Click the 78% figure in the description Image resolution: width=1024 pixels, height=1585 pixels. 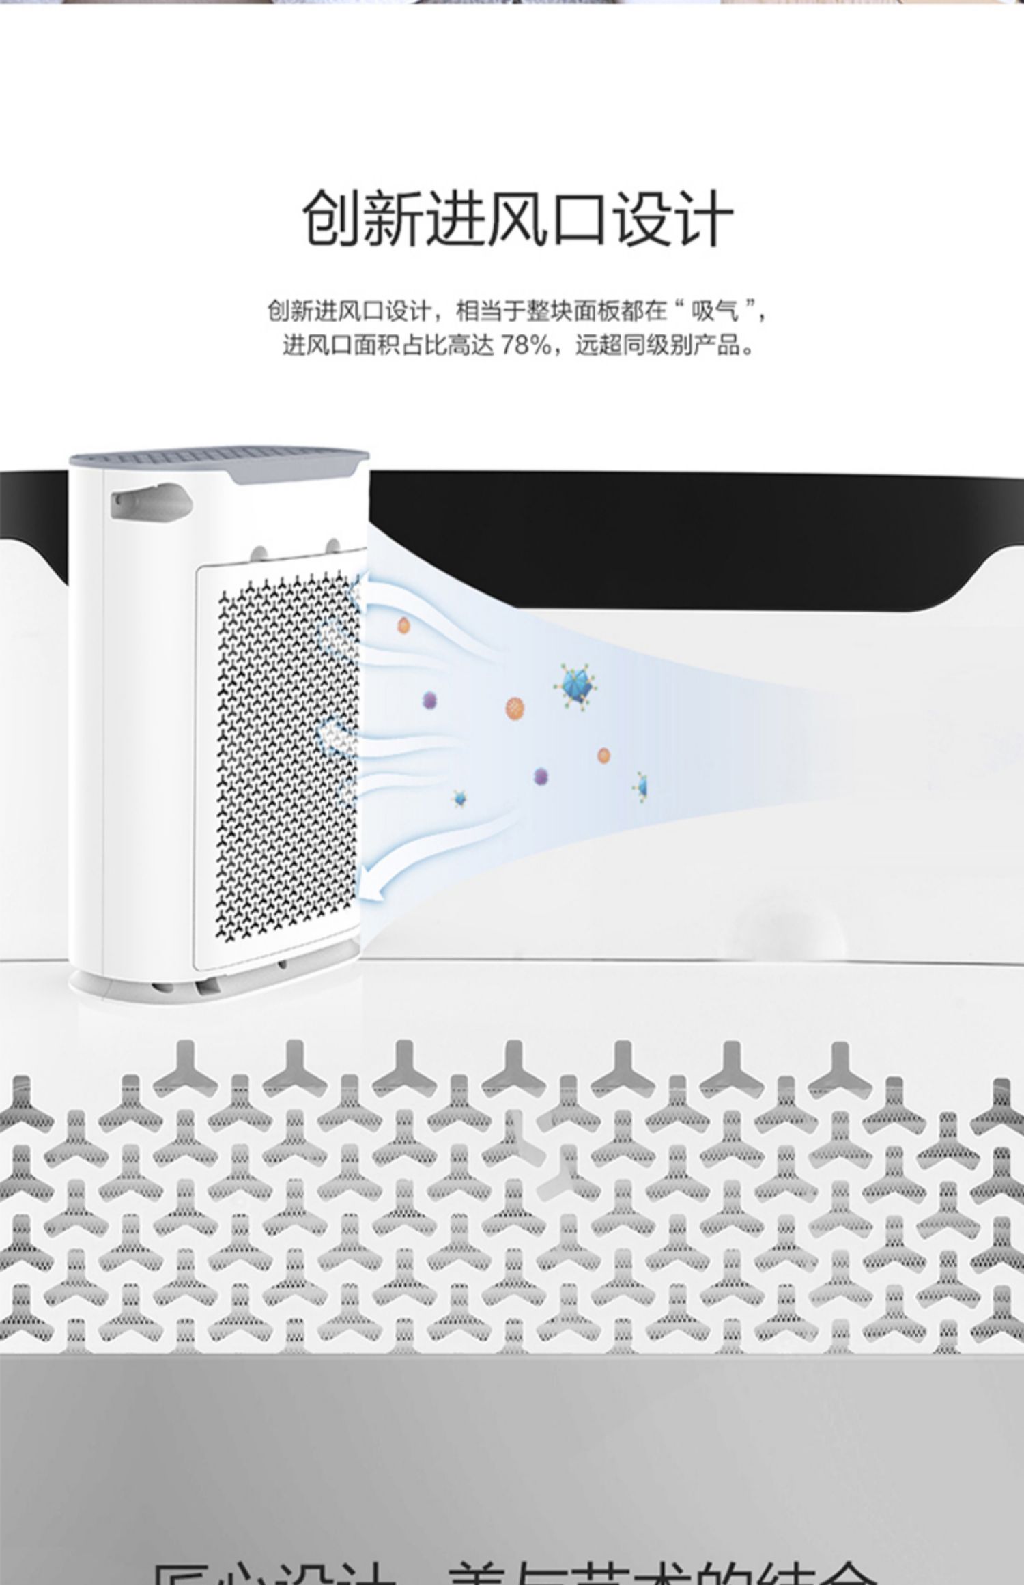click(x=526, y=345)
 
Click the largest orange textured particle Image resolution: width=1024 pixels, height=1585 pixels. click(x=516, y=709)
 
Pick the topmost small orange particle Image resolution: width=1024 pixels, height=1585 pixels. click(x=403, y=625)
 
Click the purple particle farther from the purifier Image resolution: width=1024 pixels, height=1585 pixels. click(x=541, y=775)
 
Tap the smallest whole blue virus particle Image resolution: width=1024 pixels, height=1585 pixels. click(x=459, y=797)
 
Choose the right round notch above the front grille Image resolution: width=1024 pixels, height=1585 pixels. click(x=333, y=546)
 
